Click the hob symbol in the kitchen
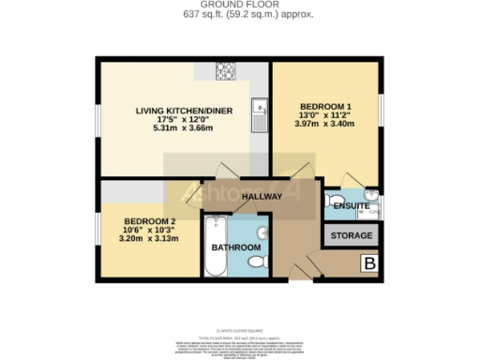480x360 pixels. pos(225,70)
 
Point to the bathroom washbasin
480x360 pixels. pos(263,232)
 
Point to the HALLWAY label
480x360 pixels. pos(262,197)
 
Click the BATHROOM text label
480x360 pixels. pos(234,247)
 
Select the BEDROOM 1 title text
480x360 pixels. pos(326,106)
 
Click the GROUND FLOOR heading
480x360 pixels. pos(240,5)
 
